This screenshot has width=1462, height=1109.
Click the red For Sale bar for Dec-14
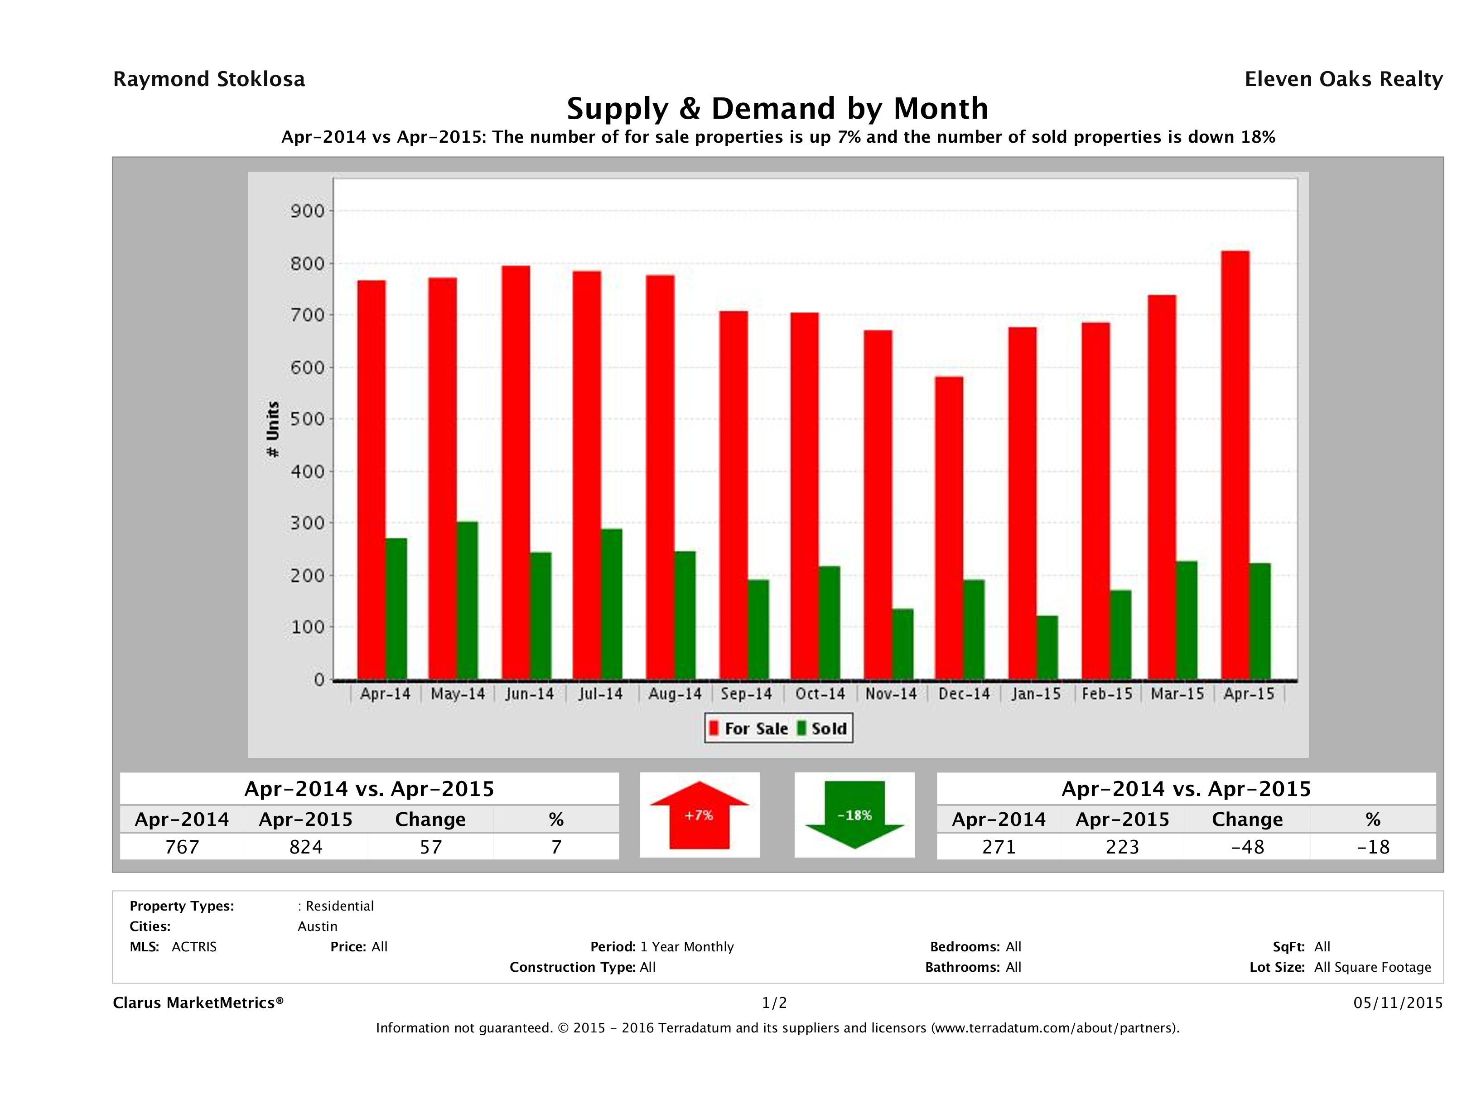click(948, 528)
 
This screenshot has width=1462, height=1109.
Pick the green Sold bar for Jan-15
click(1047, 647)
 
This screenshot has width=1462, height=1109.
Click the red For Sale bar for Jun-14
click(516, 473)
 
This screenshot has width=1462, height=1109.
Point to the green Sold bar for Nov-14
click(903, 644)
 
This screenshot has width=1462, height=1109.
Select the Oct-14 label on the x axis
click(820, 694)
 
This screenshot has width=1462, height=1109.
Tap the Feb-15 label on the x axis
click(1107, 694)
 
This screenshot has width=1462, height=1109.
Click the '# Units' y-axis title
click(272, 429)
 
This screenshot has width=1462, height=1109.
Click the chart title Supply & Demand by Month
click(777, 108)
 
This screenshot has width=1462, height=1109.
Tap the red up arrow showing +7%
click(699, 815)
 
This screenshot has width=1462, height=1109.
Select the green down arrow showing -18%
click(854, 815)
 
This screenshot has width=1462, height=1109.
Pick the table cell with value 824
click(306, 847)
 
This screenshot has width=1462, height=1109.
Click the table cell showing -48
click(1247, 847)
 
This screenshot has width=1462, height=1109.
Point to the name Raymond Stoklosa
click(209, 79)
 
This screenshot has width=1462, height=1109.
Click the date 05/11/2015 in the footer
click(1398, 1003)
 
